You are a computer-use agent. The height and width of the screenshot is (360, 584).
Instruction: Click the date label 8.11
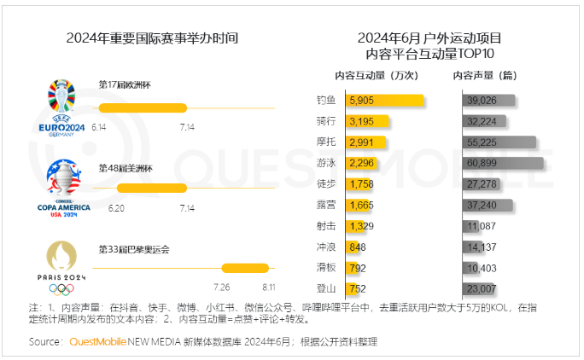268,287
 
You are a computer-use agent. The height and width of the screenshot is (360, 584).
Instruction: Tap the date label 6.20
117,207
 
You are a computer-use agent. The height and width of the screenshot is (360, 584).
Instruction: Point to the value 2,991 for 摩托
363,142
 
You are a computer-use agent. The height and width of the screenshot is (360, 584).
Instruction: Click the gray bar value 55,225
482,142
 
